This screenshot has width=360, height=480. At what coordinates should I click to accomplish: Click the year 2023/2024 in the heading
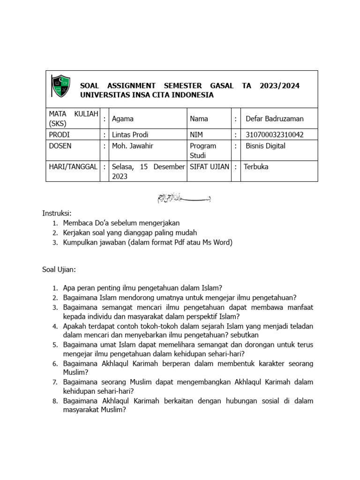pyautogui.click(x=279, y=86)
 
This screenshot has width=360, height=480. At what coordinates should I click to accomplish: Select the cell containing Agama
pyautogui.click(x=123, y=119)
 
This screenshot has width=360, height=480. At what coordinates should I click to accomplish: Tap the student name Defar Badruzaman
pyautogui.click(x=274, y=119)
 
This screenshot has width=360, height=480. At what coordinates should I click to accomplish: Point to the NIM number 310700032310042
pyautogui.click(x=274, y=135)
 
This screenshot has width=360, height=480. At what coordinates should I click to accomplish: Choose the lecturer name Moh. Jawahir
pyautogui.click(x=133, y=146)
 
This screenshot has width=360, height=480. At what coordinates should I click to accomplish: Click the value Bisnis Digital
pyautogui.click(x=265, y=146)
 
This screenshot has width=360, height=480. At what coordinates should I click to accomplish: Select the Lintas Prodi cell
pyautogui.click(x=130, y=135)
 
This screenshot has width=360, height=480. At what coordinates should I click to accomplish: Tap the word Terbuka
pyautogui.click(x=256, y=166)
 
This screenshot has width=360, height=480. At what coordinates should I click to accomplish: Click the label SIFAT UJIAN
pyautogui.click(x=209, y=166)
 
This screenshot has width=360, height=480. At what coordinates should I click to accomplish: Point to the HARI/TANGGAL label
pyautogui.click(x=73, y=166)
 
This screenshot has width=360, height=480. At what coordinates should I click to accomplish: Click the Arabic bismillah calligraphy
pyautogui.click(x=183, y=198)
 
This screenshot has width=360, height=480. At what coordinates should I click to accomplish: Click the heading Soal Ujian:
pyautogui.click(x=59, y=270)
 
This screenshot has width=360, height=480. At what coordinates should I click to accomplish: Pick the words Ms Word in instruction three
pyautogui.click(x=217, y=242)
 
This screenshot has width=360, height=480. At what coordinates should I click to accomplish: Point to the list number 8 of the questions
pyautogui.click(x=55, y=401)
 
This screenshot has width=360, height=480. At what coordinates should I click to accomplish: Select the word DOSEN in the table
pyautogui.click(x=60, y=146)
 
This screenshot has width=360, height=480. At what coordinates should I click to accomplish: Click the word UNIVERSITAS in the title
pyautogui.click(x=105, y=95)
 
